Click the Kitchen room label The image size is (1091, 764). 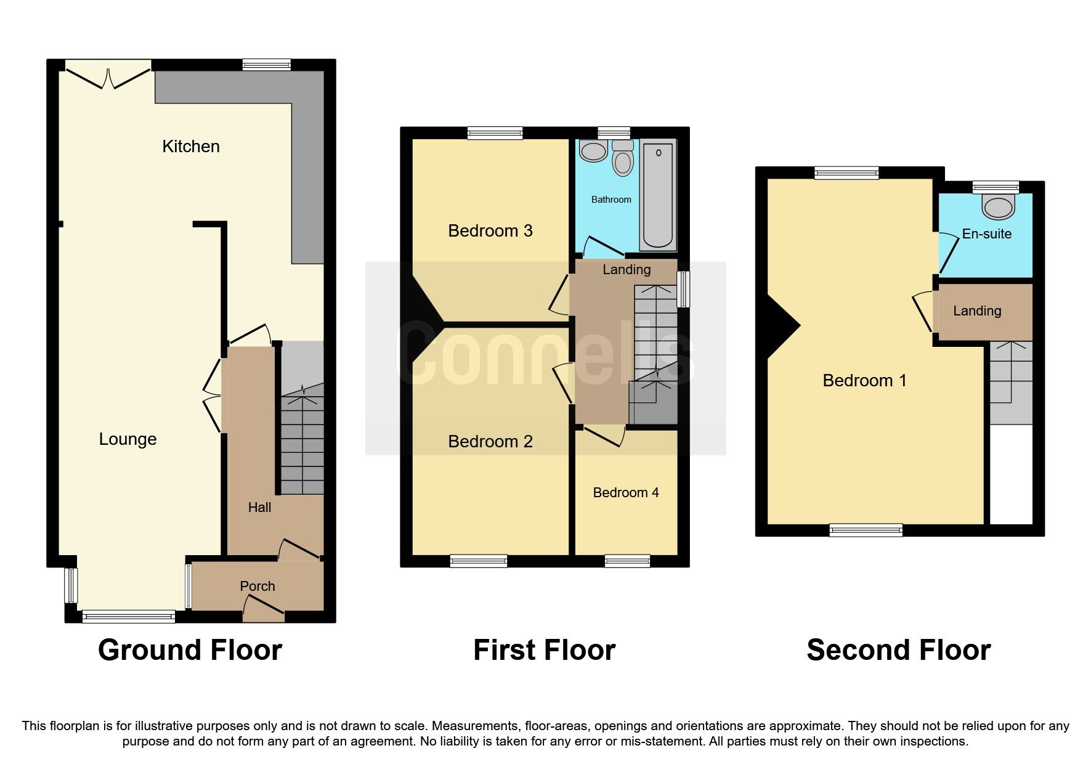click(x=190, y=147)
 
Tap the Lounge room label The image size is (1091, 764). click(x=128, y=439)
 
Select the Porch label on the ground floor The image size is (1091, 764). click(x=258, y=587)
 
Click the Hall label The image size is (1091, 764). click(x=259, y=508)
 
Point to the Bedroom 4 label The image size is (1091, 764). click(x=626, y=493)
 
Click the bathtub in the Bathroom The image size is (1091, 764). click(x=658, y=195)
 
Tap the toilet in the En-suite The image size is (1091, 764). click(x=998, y=207)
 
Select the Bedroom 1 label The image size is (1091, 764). click(x=864, y=381)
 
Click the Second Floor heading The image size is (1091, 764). click(x=898, y=651)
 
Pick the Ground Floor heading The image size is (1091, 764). click(x=190, y=651)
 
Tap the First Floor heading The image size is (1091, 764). click(x=544, y=651)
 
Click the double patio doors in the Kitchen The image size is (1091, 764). click(x=108, y=77)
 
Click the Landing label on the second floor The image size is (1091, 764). click(x=977, y=311)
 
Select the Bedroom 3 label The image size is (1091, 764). click(x=490, y=231)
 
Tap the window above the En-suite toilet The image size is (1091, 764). click(x=995, y=187)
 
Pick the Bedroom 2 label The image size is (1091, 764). click(x=490, y=442)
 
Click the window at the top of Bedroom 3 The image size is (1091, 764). click(x=495, y=132)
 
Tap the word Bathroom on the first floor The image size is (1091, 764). click(x=611, y=200)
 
